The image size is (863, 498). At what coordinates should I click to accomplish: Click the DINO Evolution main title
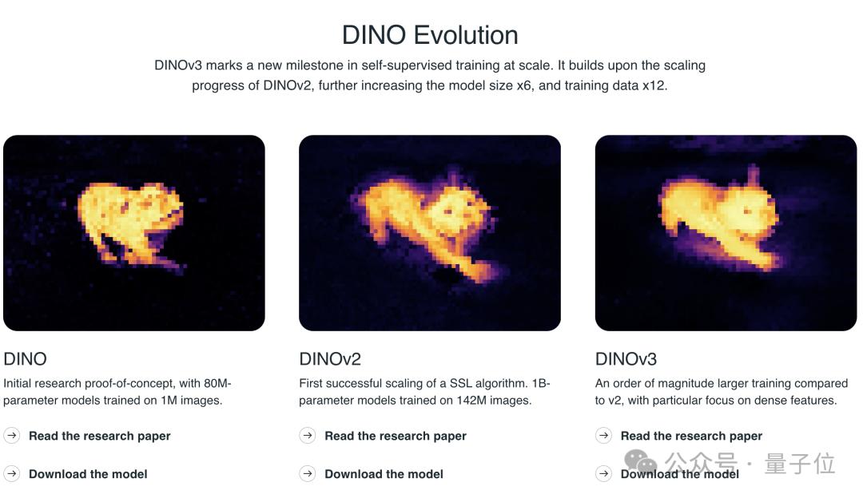[x=430, y=35]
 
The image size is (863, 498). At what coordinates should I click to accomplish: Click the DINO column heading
[x=25, y=359]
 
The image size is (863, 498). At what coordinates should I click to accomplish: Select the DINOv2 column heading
[x=330, y=359]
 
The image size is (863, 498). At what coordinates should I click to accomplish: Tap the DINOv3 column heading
[x=626, y=359]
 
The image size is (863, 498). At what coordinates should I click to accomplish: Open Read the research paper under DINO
[x=100, y=436]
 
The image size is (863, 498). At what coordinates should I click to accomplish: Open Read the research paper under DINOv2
[x=396, y=436]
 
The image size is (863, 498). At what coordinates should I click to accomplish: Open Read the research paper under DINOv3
[x=691, y=436]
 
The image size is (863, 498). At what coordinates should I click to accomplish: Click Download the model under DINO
[x=88, y=474]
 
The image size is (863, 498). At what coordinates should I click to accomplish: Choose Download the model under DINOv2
[x=384, y=474]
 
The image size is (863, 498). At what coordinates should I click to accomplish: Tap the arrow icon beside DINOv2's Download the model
[x=308, y=473]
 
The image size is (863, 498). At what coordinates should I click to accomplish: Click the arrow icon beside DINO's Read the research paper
[x=11, y=435]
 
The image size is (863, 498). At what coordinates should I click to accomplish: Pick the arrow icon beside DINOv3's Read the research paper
[x=604, y=435]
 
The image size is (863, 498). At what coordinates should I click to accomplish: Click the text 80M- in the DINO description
[x=217, y=383]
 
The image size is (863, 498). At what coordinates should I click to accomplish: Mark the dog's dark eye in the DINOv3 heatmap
[x=748, y=211]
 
